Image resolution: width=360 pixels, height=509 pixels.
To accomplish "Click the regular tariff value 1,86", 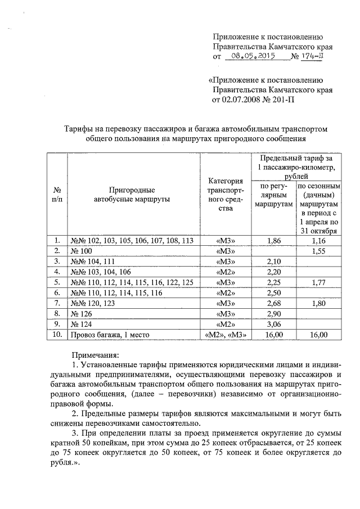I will (x=273, y=241).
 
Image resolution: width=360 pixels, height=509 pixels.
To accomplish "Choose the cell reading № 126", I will (x=80, y=314).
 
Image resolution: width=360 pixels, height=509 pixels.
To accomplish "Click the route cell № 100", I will (x=80, y=251).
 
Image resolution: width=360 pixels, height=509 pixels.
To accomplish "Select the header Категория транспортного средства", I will (x=225, y=195).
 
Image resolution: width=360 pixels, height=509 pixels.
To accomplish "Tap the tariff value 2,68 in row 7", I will (x=273, y=304).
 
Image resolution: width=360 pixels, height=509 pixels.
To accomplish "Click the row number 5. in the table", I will (x=57, y=282).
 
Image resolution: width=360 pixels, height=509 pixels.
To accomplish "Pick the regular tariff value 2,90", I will (x=273, y=314).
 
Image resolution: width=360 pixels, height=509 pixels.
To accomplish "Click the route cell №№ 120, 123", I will (x=93, y=304).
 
